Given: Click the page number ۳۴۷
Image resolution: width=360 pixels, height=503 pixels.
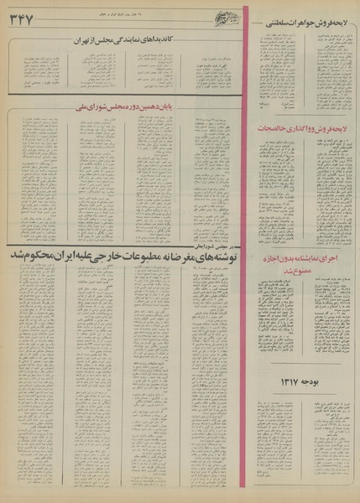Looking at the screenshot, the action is (x=24, y=20).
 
